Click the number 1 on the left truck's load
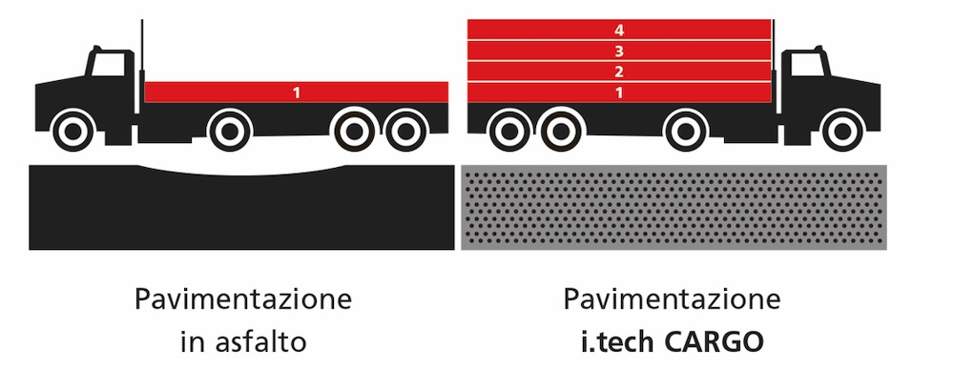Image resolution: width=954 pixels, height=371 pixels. (x=297, y=93)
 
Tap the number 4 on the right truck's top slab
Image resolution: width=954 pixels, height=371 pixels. (x=619, y=30)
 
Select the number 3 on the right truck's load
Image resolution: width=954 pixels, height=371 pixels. (x=619, y=51)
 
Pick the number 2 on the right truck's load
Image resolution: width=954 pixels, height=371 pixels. (x=619, y=72)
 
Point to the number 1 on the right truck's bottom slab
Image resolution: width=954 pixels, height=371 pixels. (x=619, y=93)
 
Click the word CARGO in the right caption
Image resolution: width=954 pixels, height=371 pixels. (x=726, y=340)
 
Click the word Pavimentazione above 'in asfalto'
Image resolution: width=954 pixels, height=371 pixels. (x=243, y=300)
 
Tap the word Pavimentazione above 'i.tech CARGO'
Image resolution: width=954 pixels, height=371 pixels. (x=673, y=300)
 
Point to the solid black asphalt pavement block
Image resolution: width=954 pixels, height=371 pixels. (x=242, y=215)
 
